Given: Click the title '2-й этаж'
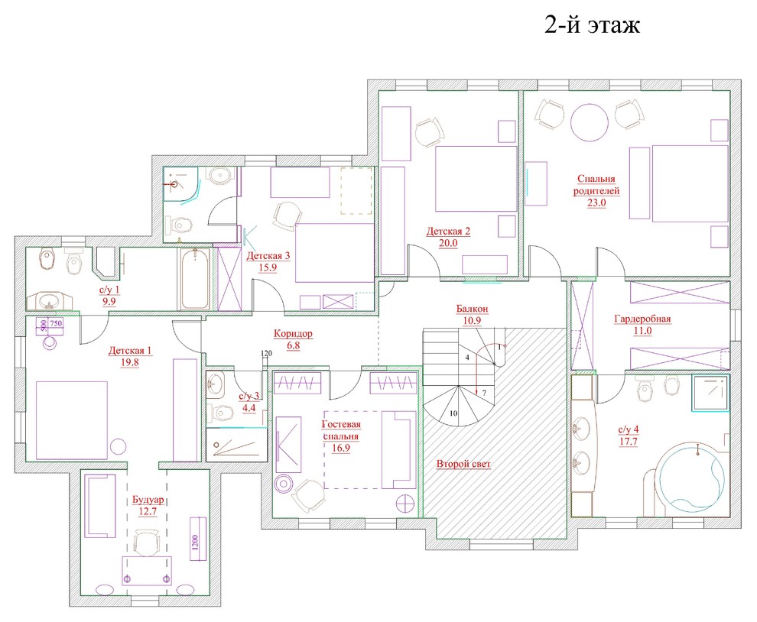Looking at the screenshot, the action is coord(593,25).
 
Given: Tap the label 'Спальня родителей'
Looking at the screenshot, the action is coord(596,185).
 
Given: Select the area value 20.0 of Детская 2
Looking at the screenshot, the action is coord(448,243).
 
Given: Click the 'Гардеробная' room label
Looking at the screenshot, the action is coord(642,319).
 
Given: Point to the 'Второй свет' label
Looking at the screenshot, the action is coord(463,465).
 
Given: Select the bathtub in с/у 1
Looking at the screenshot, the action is coord(195,279).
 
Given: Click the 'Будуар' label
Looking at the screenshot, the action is coord(148,500).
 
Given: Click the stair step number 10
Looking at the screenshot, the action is coord(453,413).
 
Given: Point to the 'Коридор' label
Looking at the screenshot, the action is coord(293,333).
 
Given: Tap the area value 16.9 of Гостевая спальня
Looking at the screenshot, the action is coord(341,449).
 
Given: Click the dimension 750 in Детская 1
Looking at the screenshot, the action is coord(56,323).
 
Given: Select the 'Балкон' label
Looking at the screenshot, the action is coord(472,309).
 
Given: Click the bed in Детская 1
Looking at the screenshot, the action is coord(71,420).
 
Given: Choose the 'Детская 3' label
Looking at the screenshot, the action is coord(268,256).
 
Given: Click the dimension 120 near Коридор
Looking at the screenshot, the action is coord(267,354).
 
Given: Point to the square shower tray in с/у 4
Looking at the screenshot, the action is coord(710,392).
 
